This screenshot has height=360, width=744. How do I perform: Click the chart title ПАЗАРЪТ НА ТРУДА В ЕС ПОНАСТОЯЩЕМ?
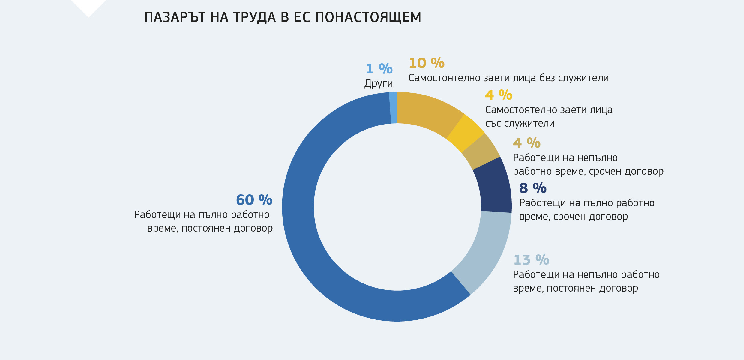point(283,17)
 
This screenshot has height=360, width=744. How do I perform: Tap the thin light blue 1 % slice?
point(393,108)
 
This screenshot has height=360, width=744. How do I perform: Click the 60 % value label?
point(254,200)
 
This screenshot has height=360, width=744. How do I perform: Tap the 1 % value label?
point(379,69)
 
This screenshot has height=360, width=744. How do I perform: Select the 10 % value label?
point(426,63)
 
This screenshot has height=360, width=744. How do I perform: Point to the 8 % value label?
point(533,188)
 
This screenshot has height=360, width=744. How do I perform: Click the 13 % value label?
point(531,260)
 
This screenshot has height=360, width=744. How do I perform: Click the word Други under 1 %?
point(379,84)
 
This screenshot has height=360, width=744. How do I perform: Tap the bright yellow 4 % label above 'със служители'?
point(499,95)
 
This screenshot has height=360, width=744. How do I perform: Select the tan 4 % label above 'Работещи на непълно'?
point(526,143)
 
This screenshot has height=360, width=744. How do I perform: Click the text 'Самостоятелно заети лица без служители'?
point(508,78)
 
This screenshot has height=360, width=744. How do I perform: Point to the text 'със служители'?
point(520,123)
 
